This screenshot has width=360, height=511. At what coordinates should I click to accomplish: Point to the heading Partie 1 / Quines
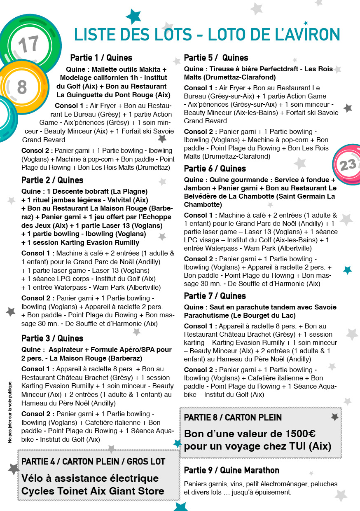click(101, 58)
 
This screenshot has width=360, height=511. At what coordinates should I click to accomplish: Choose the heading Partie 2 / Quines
click(52, 180)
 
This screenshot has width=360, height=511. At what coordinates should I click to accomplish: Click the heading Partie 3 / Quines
click(52, 338)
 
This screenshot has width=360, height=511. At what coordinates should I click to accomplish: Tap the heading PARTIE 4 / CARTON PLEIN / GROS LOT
click(93, 461)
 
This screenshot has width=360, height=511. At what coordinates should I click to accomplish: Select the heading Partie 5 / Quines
click(216, 58)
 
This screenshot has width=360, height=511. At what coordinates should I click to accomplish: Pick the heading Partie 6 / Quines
click(215, 169)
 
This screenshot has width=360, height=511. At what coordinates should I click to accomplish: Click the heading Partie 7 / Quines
click(215, 296)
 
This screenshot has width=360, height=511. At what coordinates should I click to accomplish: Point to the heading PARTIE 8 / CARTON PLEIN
click(233, 417)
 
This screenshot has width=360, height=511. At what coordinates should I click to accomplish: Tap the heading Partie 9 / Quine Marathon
click(231, 470)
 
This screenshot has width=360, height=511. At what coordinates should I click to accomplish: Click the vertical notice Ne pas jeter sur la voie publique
click(10, 412)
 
